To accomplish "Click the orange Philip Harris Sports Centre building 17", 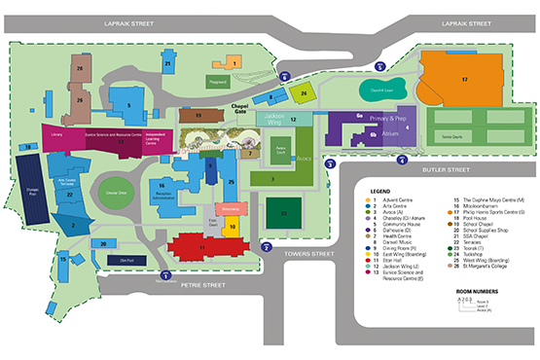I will [464, 79].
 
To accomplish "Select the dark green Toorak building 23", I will [283, 213].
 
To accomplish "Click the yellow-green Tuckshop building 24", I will [304, 93].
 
